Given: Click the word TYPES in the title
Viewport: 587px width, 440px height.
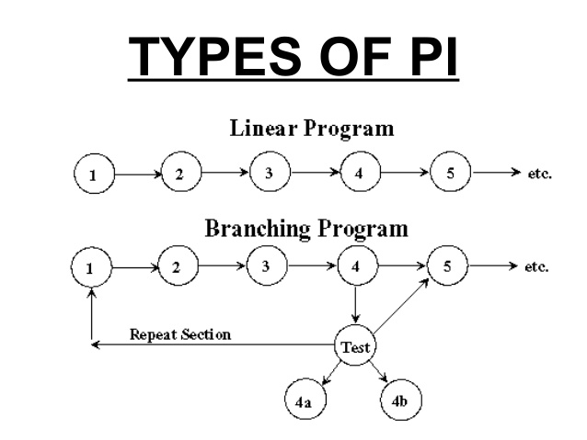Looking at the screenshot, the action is [x=215, y=56].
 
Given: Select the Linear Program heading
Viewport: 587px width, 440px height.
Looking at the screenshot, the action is [x=312, y=129].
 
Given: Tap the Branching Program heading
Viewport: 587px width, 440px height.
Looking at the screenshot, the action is [x=306, y=229].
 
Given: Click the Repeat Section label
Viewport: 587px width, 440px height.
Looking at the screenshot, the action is [x=180, y=334].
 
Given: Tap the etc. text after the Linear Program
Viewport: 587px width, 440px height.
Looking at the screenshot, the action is [x=540, y=174].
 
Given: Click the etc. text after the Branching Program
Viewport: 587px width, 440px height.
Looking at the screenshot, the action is [x=536, y=267].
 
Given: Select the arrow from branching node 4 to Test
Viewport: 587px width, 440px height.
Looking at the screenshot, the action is [x=356, y=304].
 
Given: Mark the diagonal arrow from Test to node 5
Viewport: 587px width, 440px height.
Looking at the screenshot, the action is [x=401, y=305].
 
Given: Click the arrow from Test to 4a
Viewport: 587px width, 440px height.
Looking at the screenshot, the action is [x=331, y=374].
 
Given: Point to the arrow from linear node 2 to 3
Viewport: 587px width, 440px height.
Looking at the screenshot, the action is [x=224, y=173].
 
